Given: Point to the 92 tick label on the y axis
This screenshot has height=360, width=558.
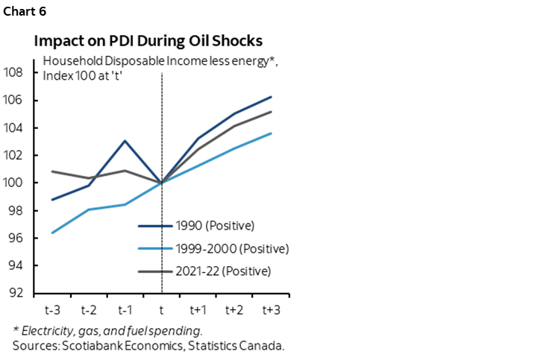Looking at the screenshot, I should tap(16, 293).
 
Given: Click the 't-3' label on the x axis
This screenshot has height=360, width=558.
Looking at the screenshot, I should tap(52, 308).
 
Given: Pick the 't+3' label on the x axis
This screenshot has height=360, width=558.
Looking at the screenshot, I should tap(271, 308).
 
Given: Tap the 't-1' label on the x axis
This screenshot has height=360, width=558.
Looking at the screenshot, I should tap(125, 308).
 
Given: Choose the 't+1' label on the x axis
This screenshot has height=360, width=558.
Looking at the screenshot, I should tap(198, 308).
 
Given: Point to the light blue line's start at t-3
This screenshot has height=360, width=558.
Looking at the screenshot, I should tap(52, 233).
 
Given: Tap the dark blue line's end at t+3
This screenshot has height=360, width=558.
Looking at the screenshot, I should tap(271, 97).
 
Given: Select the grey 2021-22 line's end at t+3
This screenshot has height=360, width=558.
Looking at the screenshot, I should tap(271, 112).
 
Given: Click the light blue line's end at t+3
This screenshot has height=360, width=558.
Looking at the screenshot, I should tap(271, 133).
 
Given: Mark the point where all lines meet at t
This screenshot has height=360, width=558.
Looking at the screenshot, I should tap(162, 183).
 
